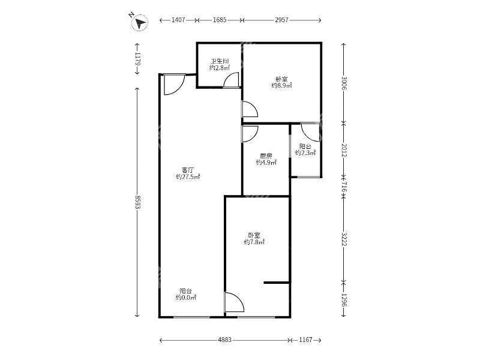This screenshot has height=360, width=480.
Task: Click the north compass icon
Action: tap(139, 22)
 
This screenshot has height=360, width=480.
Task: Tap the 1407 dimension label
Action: tap(178, 20)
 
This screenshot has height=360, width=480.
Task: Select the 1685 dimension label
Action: tap(220, 20)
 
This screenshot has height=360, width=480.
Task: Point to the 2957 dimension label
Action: tap(281, 20)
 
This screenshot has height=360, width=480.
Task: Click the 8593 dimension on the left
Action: tap(137, 202)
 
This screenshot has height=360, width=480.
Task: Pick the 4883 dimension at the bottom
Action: tap(224, 340)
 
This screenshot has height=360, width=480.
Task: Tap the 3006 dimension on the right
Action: tap(344, 83)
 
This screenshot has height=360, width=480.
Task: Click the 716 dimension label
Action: tap(344, 187)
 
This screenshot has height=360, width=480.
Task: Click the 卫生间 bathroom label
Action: tap(220, 61)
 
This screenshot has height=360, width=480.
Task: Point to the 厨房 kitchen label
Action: tap(266, 156)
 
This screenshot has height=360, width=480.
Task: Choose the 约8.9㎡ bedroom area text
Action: tap(281, 85)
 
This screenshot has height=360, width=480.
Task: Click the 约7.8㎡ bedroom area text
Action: tap(254, 242)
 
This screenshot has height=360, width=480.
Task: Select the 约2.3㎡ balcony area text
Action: tap(305, 152)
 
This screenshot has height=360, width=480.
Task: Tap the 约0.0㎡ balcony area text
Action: tap(186, 297)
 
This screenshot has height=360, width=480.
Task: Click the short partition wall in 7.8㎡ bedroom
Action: tap(277, 282)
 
